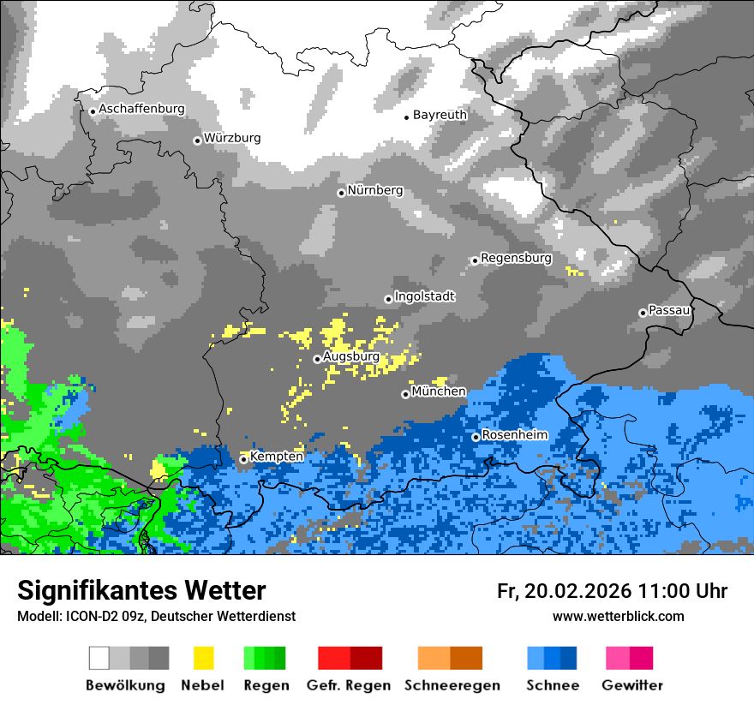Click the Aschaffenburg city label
coord(141,109)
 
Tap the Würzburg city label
coord(232,138)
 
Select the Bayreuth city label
coord(440,115)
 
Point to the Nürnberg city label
coord(374,190)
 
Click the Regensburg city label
coord(516,258)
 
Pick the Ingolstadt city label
coord(424,296)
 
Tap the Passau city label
coord(669,310)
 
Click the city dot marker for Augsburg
coord(317,359)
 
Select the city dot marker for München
coord(405,394)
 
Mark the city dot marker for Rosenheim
coord(476,437)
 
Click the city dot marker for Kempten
coord(243,459)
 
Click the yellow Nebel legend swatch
coord(203,658)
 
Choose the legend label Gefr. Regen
coord(349,685)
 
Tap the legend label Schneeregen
coord(451,685)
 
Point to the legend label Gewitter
coord(632,685)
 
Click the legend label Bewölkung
coord(125,685)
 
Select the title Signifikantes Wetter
coord(141,591)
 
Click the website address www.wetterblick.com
coord(618,616)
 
